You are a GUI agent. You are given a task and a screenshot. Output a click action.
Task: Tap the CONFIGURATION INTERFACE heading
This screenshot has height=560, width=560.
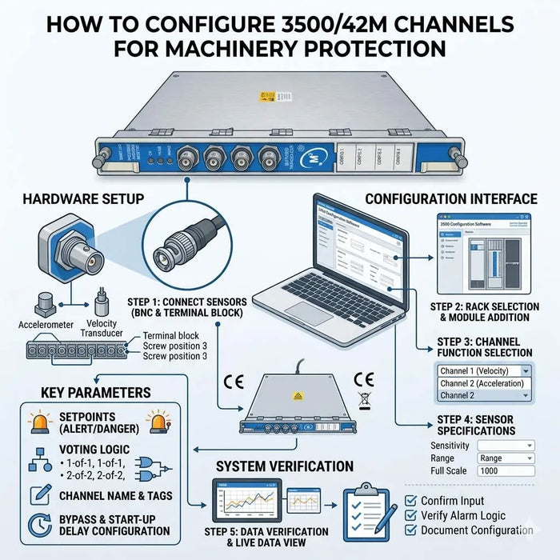pos(452,198)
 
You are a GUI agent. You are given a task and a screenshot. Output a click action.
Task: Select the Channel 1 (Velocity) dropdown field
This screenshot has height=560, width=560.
pos(484,370)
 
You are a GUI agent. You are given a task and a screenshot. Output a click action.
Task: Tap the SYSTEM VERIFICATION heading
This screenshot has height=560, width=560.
pos(285,466)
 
